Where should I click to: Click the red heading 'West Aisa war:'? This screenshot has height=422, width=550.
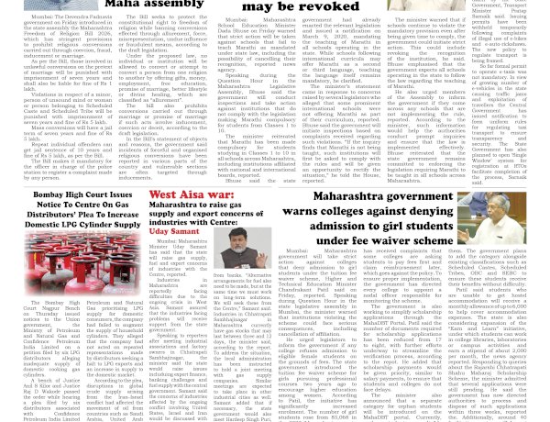(191, 194)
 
